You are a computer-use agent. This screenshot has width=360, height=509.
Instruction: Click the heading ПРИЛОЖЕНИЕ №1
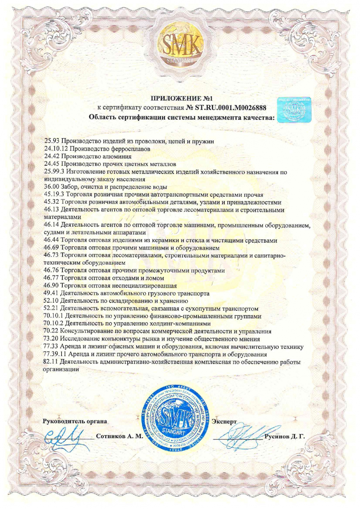pos(181,99)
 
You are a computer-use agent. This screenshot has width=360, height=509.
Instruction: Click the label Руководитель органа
pos(75,421)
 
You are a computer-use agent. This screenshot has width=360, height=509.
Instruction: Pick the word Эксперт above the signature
pos(224,421)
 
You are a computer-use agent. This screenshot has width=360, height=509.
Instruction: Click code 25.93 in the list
pos(52,141)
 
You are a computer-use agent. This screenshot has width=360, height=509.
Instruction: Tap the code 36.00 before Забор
pos(51,187)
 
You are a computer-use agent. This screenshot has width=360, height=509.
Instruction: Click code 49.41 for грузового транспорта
pos(51,293)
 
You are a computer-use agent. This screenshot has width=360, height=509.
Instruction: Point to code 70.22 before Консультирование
pos(51,331)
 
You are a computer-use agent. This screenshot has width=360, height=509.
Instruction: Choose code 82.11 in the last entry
pos(51,362)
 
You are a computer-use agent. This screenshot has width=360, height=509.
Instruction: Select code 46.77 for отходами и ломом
pos(51,278)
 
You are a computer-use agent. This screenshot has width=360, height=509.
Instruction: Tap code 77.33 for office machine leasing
pos(51,346)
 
